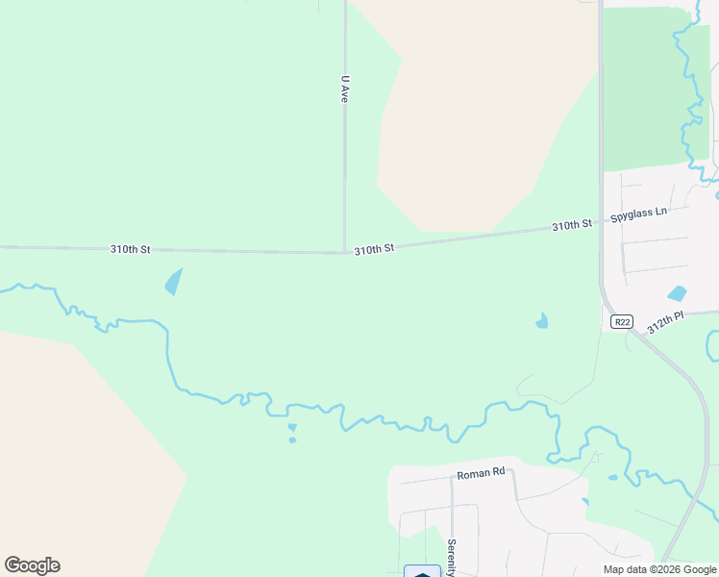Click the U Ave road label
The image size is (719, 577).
pyautogui.click(x=343, y=89)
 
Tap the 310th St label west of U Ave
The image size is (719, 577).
pyautogui.click(x=130, y=249)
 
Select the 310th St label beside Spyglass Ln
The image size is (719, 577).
pyautogui.click(x=571, y=225)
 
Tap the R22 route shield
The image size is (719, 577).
pyautogui.click(x=621, y=323)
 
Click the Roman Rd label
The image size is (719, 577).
pyautogui.click(x=481, y=473)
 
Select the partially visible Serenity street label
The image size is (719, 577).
pyautogui.click(x=450, y=556)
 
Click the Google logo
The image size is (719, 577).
pyautogui.click(x=32, y=565)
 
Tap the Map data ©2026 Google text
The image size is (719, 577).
pyautogui.click(x=659, y=569)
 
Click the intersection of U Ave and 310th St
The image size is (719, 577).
pyautogui.click(x=345, y=253)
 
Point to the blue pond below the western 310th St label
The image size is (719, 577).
pyautogui.click(x=173, y=281)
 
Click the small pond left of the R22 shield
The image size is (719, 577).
pyautogui.click(x=542, y=321)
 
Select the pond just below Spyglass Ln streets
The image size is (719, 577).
pyautogui.click(x=678, y=293)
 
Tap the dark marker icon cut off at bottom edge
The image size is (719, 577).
pyautogui.click(x=422, y=572)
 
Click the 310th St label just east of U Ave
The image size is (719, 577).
pyautogui.click(x=374, y=249)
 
